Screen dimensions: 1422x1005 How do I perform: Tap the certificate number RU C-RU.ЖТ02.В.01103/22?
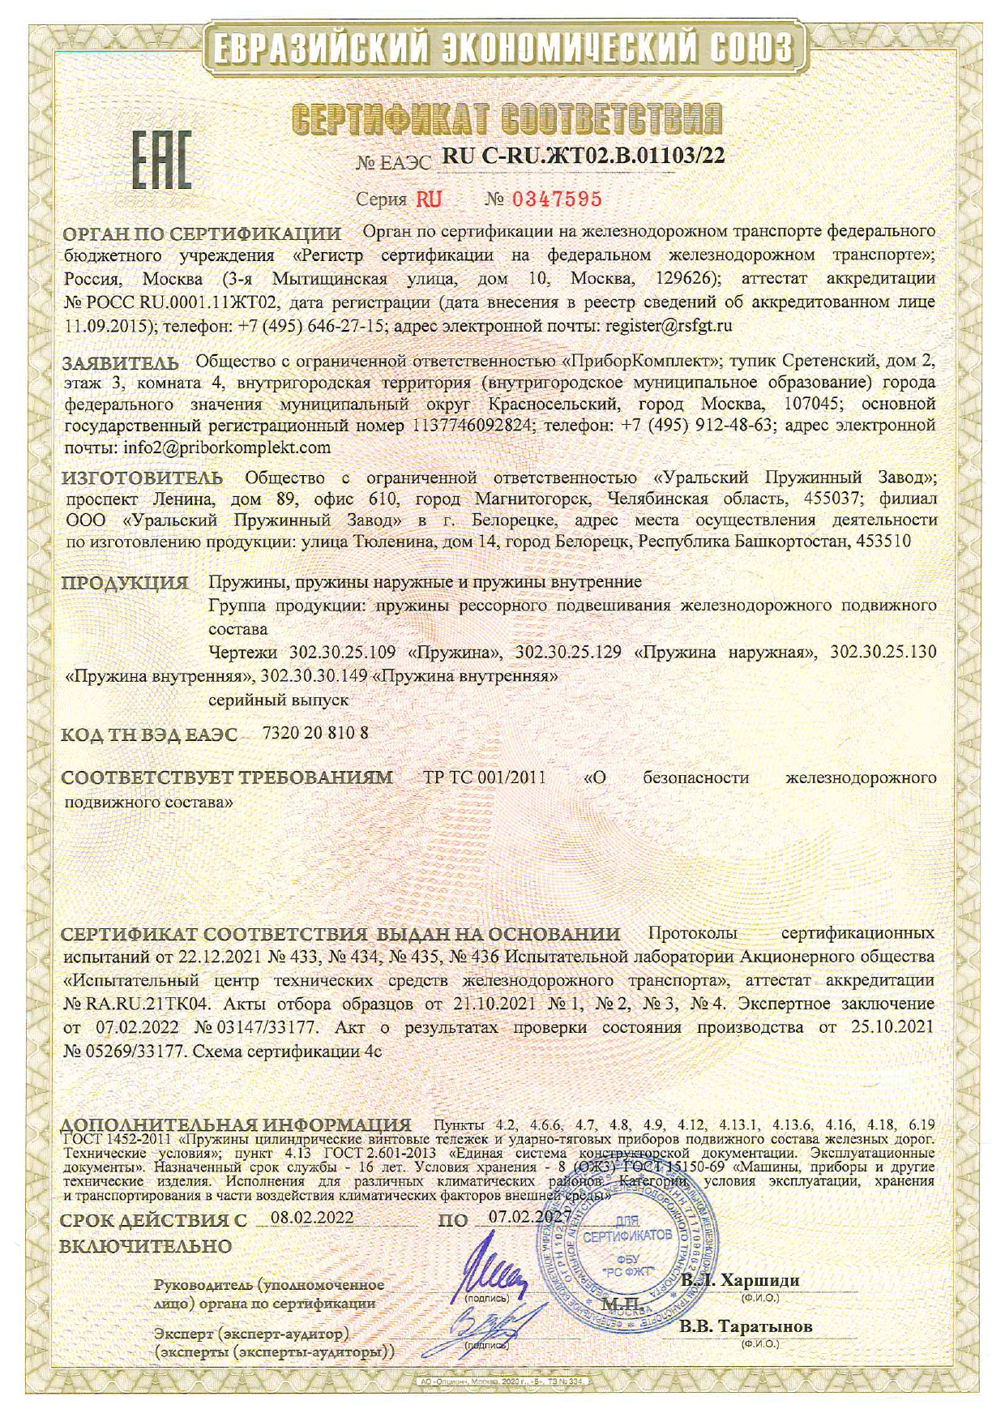583,157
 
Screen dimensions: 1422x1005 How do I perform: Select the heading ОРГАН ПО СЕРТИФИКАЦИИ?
202,234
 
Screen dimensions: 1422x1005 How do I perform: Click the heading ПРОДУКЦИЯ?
126,582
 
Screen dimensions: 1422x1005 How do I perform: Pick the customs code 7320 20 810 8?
316,733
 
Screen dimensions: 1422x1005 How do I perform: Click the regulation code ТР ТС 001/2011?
485,777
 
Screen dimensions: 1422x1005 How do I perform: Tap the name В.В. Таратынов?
746,1326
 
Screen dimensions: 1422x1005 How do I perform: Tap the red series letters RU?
430,199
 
